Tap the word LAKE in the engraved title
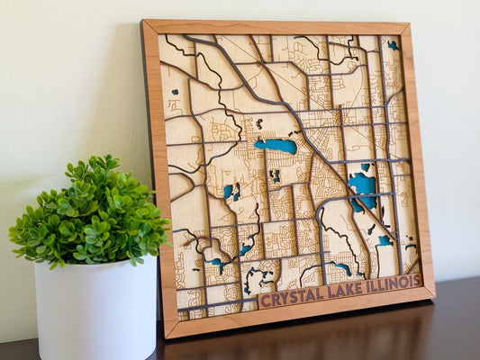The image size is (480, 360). tap(344, 289)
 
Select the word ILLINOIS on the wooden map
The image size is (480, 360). tap(391, 283)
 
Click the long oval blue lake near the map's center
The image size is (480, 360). tap(276, 145)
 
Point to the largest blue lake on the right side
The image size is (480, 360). tap(363, 187)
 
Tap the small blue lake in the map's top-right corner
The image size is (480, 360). tap(393, 45)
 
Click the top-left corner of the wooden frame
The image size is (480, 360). tap(144, 22)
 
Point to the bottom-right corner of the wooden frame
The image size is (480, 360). tap(433, 293)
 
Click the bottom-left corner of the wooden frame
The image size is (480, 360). tap(168, 337)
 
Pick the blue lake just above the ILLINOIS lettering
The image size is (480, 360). tap(385, 241)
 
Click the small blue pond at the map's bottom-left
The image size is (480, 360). tap(217, 263)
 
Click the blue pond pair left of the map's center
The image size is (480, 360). tap(231, 191)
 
